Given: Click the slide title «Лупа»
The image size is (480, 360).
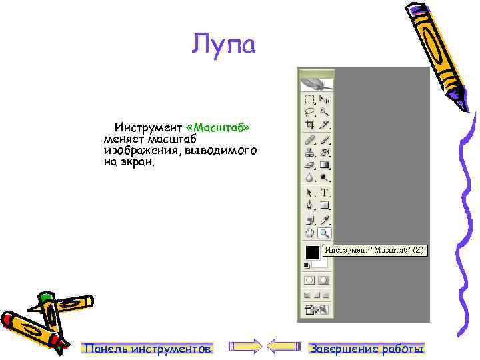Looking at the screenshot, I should [x=223, y=45].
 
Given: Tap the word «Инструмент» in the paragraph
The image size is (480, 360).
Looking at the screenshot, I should [x=148, y=127].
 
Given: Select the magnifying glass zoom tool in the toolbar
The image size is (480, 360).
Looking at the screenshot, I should [x=324, y=233].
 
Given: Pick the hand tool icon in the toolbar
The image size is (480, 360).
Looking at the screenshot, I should [x=310, y=233].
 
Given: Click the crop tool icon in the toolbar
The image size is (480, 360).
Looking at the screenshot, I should [x=310, y=124].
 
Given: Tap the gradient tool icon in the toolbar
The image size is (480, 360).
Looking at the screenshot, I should [x=325, y=165].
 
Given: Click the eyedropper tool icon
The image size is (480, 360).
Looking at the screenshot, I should [x=325, y=219].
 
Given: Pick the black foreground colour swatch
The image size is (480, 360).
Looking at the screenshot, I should [x=311, y=252].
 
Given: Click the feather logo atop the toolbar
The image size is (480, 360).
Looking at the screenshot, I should [x=317, y=84].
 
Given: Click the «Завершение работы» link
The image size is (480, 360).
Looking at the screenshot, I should [x=367, y=348].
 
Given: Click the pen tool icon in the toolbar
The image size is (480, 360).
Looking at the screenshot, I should [x=310, y=205].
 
